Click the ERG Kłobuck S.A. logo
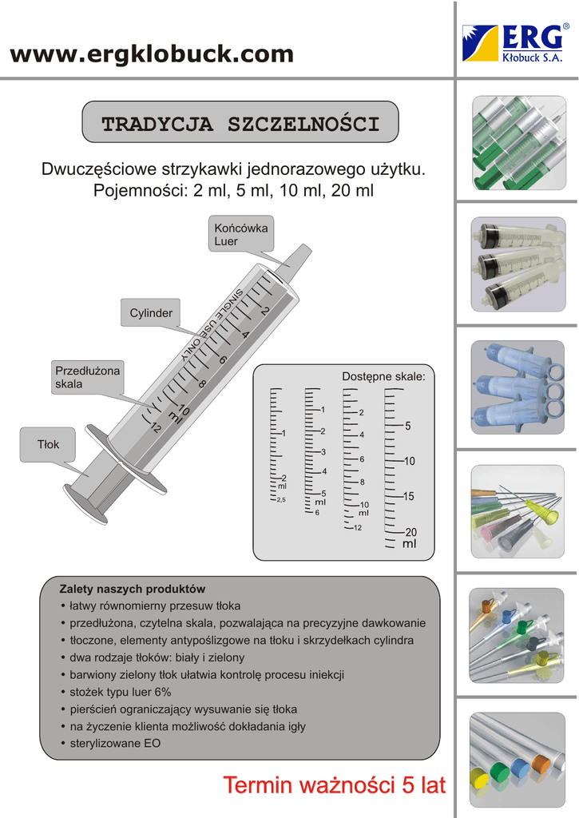[x=516, y=42]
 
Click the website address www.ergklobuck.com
[x=152, y=54]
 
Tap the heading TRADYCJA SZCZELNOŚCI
[x=240, y=124]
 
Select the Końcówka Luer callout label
[x=240, y=234]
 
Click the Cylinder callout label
[x=151, y=313]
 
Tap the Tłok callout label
[x=49, y=444]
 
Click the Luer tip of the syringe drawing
[x=297, y=258]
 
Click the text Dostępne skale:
[x=383, y=376]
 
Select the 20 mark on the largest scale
[x=410, y=532]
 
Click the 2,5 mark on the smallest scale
[x=281, y=500]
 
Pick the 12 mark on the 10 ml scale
[x=358, y=527]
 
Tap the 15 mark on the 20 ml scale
[x=409, y=496]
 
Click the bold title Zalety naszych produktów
[x=133, y=589]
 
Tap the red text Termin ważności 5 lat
[x=334, y=785]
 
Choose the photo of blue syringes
[x=517, y=387]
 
